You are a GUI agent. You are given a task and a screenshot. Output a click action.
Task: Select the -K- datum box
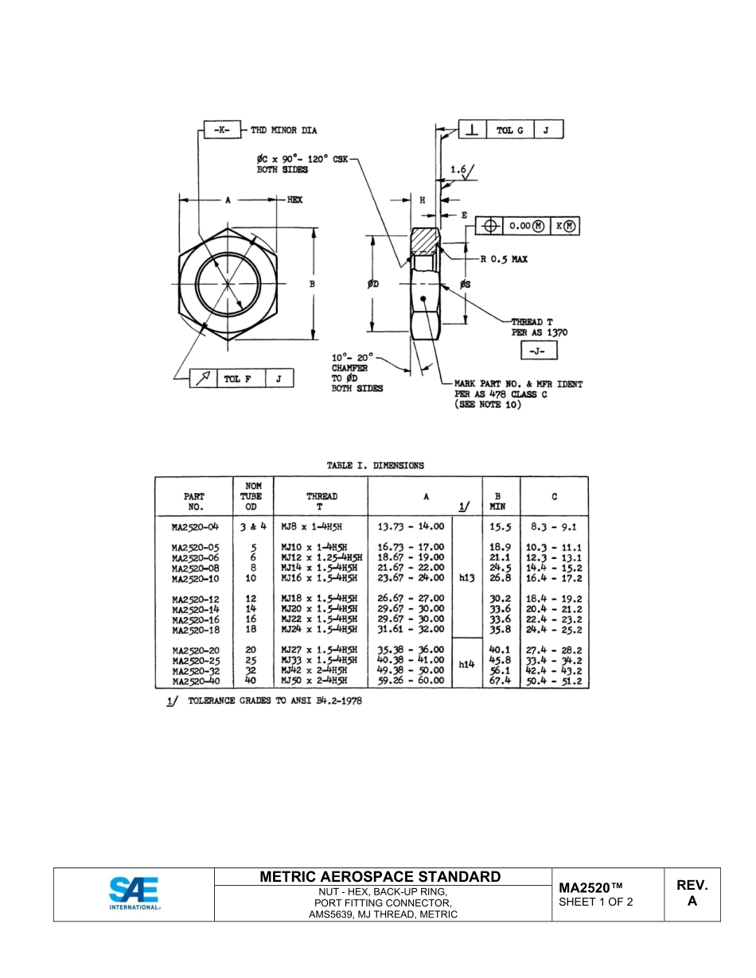click(x=221, y=130)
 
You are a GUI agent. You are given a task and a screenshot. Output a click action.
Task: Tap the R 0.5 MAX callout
click(x=504, y=259)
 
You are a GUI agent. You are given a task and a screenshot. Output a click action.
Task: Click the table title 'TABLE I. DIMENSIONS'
click(x=376, y=465)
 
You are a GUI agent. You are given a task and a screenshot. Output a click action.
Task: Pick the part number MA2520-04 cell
click(x=194, y=526)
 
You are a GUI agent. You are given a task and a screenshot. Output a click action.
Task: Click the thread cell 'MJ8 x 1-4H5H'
click(x=314, y=526)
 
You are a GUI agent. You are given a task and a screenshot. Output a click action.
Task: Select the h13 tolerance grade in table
click(x=466, y=579)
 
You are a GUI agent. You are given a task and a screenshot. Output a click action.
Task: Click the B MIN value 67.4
click(x=500, y=681)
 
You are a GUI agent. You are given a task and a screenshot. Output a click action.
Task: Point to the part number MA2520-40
click(x=194, y=681)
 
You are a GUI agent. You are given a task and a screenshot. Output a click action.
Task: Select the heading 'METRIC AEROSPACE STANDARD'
click(x=380, y=877)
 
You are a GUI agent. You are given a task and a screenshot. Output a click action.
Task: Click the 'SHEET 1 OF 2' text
click(x=596, y=902)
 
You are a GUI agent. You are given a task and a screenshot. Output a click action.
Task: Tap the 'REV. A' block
click(x=692, y=894)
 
